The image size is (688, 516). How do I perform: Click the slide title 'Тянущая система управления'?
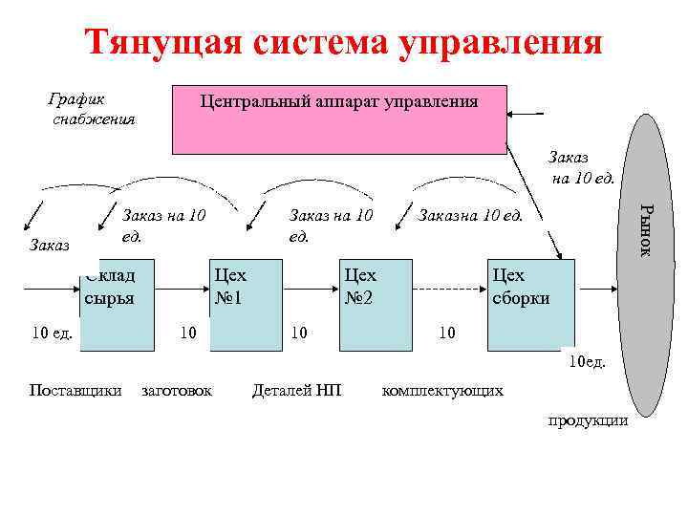(x=343, y=42)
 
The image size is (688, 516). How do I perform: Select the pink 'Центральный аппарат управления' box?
(x=338, y=119)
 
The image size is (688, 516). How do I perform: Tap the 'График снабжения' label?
(x=92, y=109)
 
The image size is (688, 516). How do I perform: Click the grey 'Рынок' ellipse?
(x=645, y=265)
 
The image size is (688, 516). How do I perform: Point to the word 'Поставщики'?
(x=75, y=389)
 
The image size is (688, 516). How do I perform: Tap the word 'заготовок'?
(x=177, y=389)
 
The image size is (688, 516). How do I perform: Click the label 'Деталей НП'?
(x=296, y=389)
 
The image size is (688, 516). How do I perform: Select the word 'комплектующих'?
(x=442, y=389)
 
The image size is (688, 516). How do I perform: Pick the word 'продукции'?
(x=588, y=419)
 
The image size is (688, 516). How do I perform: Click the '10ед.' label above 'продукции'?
(x=587, y=362)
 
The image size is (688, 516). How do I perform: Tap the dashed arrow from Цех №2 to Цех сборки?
(x=449, y=287)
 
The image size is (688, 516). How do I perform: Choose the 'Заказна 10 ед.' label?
(x=470, y=216)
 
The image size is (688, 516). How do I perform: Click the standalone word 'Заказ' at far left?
(x=50, y=246)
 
